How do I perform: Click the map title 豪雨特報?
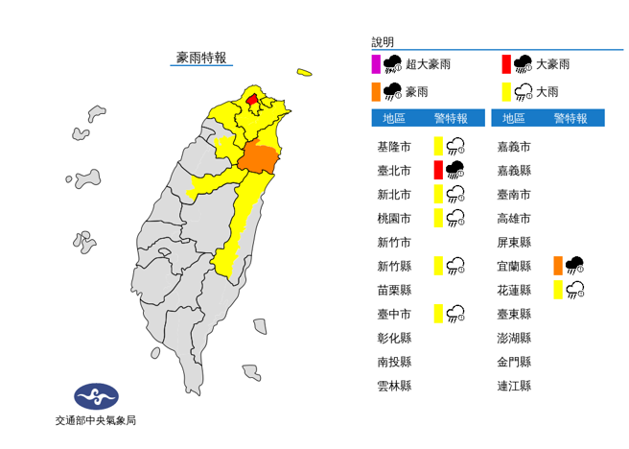pos(200,58)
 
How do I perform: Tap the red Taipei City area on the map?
pos(252,99)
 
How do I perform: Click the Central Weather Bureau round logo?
pos(96,396)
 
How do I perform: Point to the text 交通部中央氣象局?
pos(96,420)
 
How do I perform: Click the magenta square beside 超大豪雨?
pos(376,64)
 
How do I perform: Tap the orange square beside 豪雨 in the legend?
pos(376,92)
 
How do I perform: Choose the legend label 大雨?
pos(547,92)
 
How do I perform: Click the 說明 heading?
pos(383,42)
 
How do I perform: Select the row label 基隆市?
pos(394,147)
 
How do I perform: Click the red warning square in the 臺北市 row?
pos(437,170)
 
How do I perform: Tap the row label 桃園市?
pos(394,218)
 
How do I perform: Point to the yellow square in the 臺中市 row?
pos(437,312)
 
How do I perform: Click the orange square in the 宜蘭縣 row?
pos(557,265)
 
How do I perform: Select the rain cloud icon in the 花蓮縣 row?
pos(576,289)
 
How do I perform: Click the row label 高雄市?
pos(514,218)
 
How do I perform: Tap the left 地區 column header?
pos(394,118)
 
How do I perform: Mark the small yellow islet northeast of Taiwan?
pos(305,71)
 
